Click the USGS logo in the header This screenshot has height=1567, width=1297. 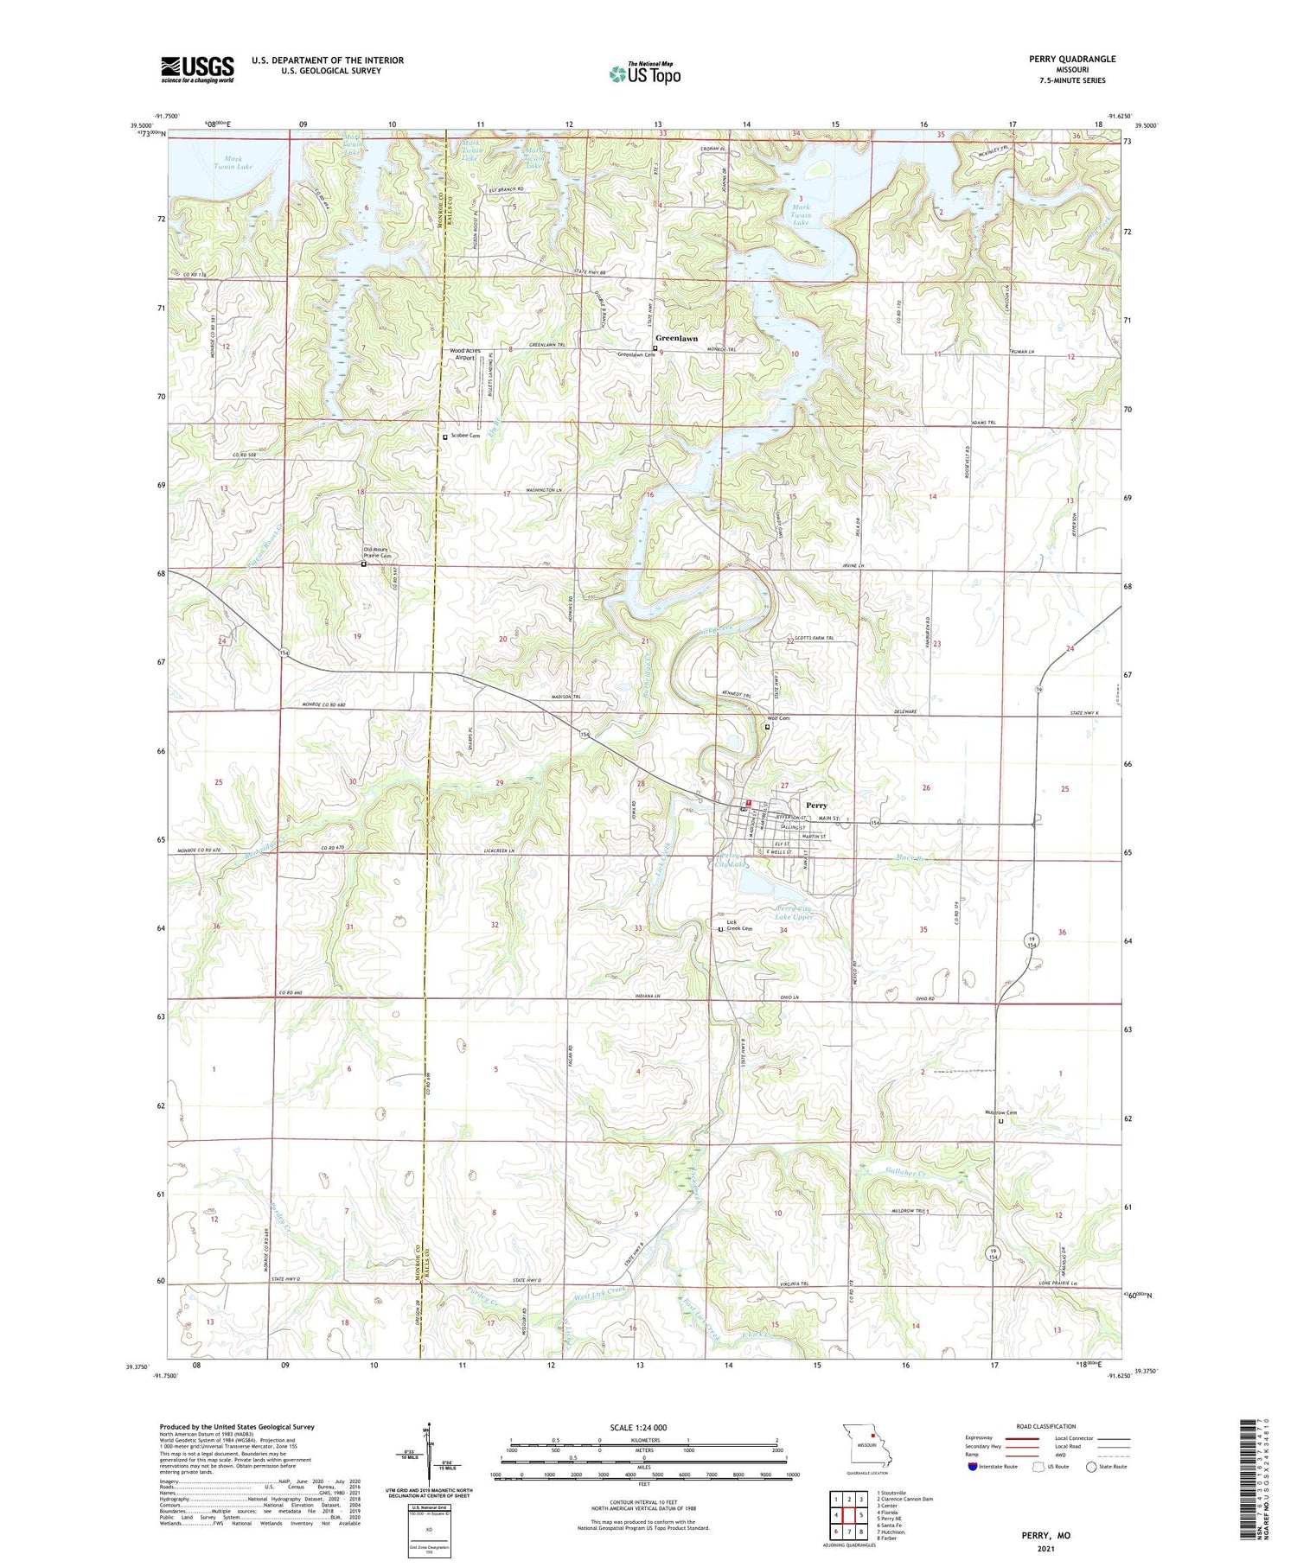[x=197, y=69]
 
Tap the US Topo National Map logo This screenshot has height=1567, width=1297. [x=644, y=73]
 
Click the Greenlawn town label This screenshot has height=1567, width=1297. [x=676, y=338]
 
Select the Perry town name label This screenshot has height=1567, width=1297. [x=816, y=805]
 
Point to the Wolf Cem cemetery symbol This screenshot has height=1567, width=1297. [x=767, y=727]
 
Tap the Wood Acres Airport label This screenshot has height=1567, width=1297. [x=465, y=354]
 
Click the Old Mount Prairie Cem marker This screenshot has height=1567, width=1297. [x=363, y=564]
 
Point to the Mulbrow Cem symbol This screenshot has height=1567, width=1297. [x=1001, y=1121]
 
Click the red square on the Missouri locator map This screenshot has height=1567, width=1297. [x=873, y=1439]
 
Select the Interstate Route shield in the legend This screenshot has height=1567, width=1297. [x=972, y=1467]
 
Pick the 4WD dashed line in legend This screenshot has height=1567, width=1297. [x=1119, y=1457]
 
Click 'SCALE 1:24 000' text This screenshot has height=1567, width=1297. [x=638, y=1427]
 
